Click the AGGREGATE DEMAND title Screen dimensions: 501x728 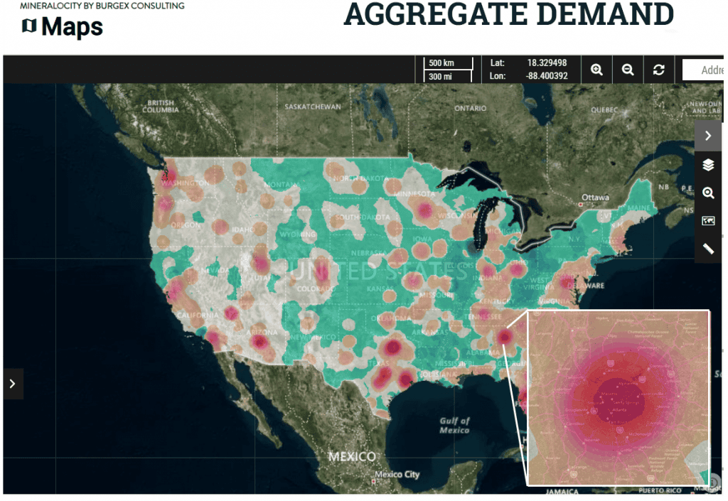coord(508,15)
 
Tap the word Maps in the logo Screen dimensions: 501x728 coord(72,27)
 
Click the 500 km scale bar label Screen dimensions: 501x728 coord(441,63)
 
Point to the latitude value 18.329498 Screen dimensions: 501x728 coord(547,63)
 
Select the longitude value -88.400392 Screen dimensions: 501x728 coord(547,76)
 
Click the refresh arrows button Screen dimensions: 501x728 coord(659,70)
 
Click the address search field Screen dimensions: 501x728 coord(704,70)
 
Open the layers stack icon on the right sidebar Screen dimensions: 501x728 coord(708,165)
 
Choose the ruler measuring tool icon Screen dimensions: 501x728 coord(708,249)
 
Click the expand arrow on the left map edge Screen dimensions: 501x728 coord(12,384)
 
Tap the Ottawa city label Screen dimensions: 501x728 coord(595,197)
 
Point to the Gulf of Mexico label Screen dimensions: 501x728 coord(454,425)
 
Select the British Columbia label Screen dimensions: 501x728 coord(160,107)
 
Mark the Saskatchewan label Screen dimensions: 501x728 coord(312,107)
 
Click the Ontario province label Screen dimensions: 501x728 coord(471,109)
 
